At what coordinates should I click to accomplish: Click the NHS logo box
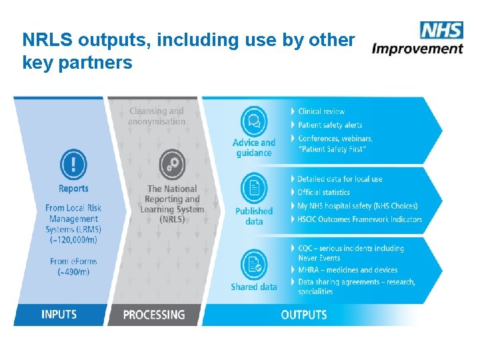[441, 30]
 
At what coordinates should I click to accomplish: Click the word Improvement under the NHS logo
[417, 48]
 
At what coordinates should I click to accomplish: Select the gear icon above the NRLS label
[173, 164]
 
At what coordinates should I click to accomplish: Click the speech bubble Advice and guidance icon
[254, 121]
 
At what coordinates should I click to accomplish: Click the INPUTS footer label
[59, 314]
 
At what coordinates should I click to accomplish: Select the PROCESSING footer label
[154, 314]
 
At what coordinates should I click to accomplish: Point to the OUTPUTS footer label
[304, 314]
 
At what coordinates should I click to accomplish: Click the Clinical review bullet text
[321, 111]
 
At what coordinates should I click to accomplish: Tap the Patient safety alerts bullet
[330, 125]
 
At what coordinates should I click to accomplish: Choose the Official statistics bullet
[327, 193]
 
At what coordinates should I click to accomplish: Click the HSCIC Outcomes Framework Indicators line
[359, 219]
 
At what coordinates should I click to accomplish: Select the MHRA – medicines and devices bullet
[347, 270]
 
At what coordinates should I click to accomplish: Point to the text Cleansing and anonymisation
[156, 116]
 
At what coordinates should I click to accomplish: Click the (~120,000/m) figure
[73, 240]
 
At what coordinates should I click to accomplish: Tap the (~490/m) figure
[73, 272]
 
